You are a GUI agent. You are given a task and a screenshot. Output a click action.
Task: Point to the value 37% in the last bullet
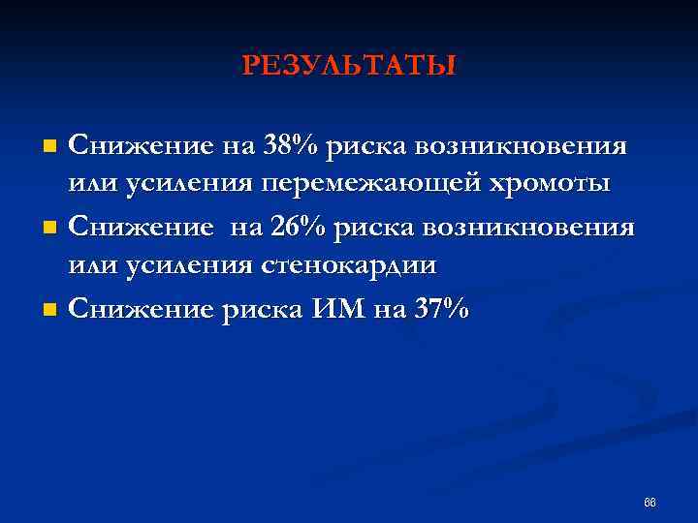click(x=441, y=310)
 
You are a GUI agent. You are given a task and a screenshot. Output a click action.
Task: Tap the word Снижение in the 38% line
click(x=140, y=147)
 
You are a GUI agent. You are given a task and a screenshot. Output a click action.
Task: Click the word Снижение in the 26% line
click(x=140, y=229)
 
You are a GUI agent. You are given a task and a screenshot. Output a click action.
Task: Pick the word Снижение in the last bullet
click(x=140, y=310)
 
